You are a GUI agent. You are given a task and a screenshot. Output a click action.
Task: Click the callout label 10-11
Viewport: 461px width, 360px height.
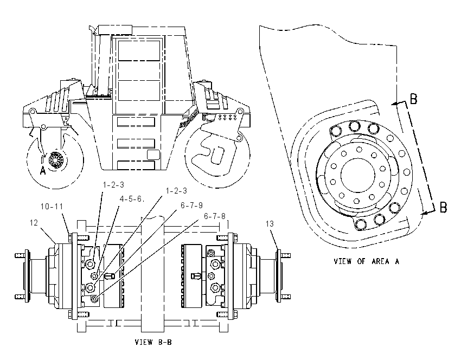(52, 207)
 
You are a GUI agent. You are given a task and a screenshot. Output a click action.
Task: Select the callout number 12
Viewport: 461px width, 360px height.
(34, 223)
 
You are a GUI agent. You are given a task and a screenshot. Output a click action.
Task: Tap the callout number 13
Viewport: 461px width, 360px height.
(270, 224)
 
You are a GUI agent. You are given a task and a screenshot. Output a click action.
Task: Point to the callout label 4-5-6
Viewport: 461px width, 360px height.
(131, 199)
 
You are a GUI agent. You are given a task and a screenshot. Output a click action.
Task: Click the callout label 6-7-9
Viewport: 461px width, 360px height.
(191, 205)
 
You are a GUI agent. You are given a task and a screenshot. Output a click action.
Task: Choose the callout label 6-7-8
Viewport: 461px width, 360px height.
(215, 216)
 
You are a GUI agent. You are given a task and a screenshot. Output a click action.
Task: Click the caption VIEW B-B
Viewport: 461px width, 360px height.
(153, 342)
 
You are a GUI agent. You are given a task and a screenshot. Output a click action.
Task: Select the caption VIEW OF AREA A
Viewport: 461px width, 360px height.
(366, 261)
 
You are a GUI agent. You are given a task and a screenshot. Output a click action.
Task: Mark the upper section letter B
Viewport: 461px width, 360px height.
(413, 99)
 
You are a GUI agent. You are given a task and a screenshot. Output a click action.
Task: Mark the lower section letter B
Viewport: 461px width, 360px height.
(443, 207)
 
